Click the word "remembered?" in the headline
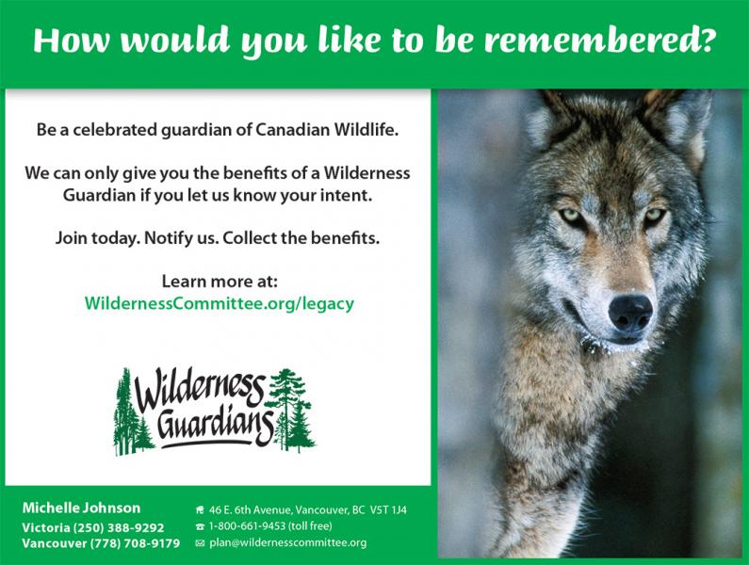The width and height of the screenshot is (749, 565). (599, 40)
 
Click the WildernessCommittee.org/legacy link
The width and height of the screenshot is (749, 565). (220, 304)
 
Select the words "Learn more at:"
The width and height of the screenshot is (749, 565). (220, 281)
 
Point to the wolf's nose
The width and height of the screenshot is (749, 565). (630, 314)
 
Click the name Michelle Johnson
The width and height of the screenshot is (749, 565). (81, 508)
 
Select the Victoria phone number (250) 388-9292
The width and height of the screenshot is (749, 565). (118, 527)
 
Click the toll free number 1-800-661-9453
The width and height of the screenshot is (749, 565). (247, 525)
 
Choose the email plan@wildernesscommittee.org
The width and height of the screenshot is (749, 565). (288, 542)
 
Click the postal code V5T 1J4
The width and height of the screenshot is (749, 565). (388, 510)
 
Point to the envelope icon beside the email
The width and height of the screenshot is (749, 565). (200, 543)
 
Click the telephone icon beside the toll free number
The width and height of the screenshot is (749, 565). (200, 526)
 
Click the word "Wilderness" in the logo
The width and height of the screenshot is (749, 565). (200, 389)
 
